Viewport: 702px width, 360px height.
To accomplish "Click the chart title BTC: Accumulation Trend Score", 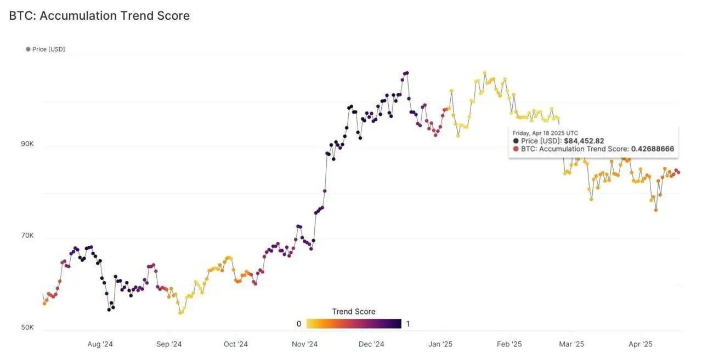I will pyautogui.click(x=99, y=16).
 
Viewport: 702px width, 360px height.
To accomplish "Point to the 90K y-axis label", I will pyautogui.click(x=27, y=144).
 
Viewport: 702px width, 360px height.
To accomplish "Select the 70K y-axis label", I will pyautogui.click(x=27, y=235).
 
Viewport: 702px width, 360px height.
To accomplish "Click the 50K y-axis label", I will pyautogui.click(x=27, y=328).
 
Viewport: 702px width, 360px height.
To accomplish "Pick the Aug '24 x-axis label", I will pyautogui.click(x=100, y=345).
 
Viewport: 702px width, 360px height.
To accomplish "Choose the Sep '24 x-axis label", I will pyautogui.click(x=169, y=345).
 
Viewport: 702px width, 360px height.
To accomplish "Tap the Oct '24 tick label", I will pyautogui.click(x=236, y=345).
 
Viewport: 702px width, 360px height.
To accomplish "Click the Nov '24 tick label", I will pyautogui.click(x=304, y=345).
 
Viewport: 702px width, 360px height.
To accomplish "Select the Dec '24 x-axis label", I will pyautogui.click(x=371, y=345).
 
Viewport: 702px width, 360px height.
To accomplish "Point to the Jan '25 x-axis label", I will pyautogui.click(x=440, y=345).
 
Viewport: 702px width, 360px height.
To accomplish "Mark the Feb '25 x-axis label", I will pyautogui.click(x=509, y=345).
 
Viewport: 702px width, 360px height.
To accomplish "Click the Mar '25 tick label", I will pyautogui.click(x=571, y=345).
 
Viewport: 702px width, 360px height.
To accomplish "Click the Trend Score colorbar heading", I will pyautogui.click(x=354, y=312).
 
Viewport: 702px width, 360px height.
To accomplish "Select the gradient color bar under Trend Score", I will pyautogui.click(x=354, y=324).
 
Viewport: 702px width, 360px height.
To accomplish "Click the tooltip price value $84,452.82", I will pyautogui.click(x=584, y=141).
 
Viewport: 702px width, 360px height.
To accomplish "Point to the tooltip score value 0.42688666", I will pyautogui.click(x=652, y=149).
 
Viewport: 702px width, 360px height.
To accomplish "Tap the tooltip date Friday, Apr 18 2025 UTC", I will pyautogui.click(x=546, y=133).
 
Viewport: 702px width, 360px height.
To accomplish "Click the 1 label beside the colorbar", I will pyautogui.click(x=408, y=324).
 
